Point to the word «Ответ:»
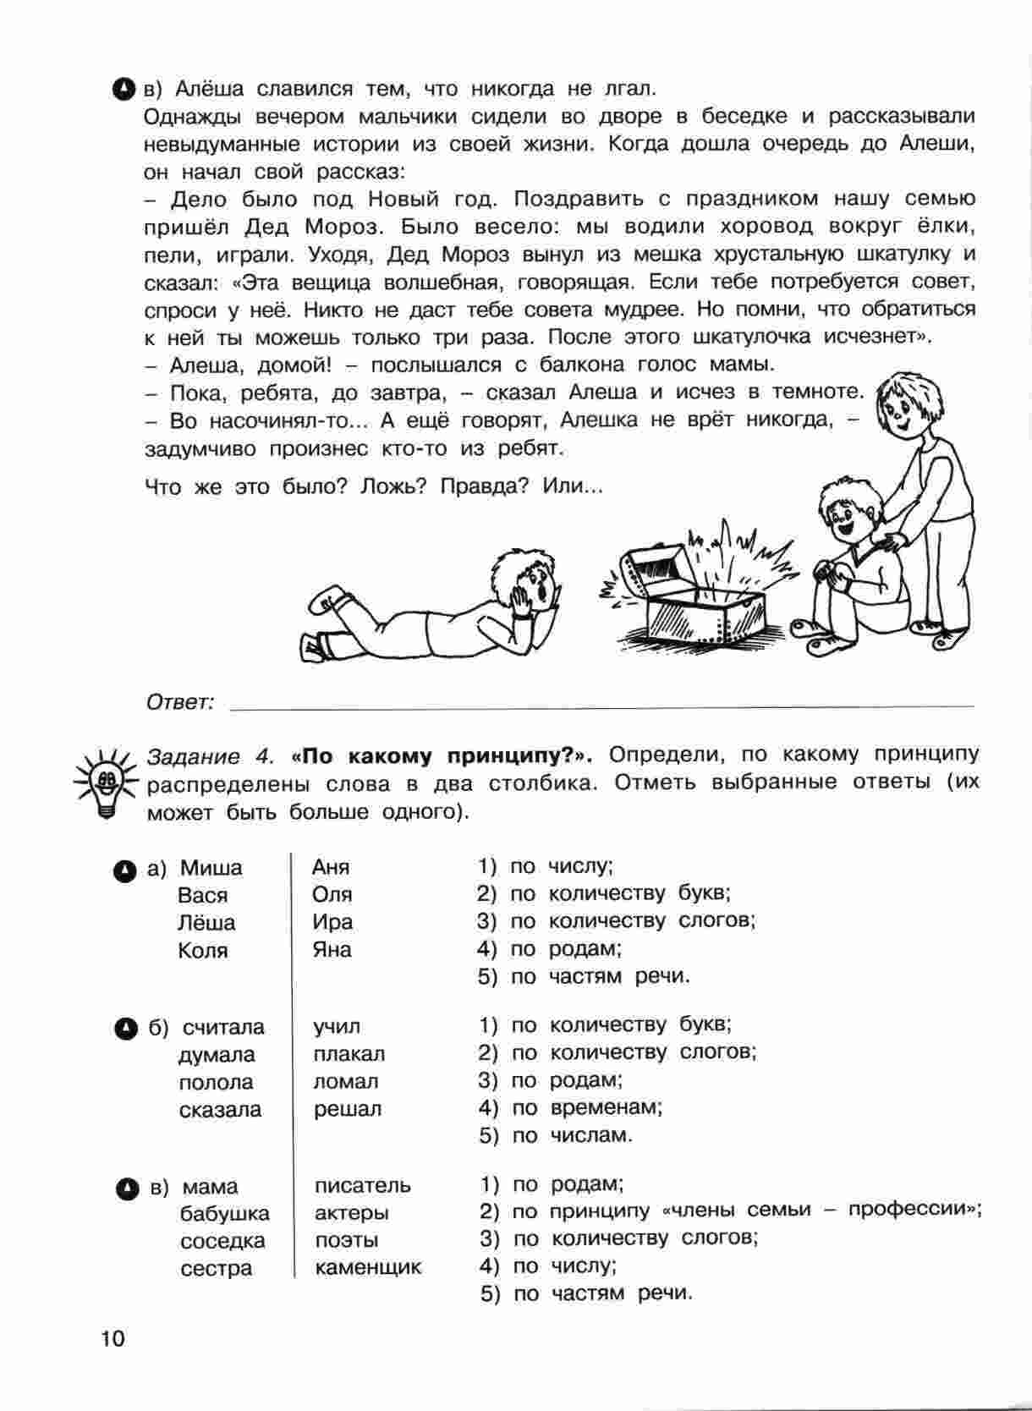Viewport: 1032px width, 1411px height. coord(180,702)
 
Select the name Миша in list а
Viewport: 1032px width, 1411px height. coord(211,868)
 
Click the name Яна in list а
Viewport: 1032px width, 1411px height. coord(332,950)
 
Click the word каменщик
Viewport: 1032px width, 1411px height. coord(368,1268)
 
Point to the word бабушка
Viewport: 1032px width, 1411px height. coord(224,1214)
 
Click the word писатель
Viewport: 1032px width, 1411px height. coord(363,1186)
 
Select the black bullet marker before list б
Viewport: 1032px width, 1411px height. coord(124,1028)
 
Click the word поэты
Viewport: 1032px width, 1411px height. coord(346,1241)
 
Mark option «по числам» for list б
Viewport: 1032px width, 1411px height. coord(590,1135)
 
